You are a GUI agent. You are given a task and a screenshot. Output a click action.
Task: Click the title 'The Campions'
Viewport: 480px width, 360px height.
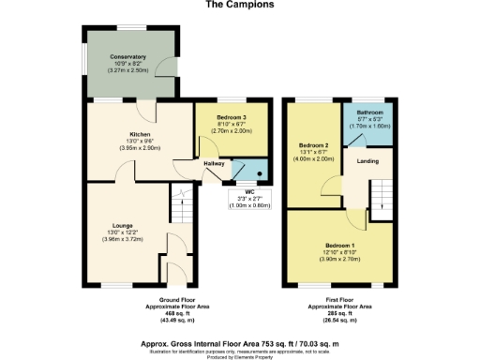[x=239, y=5]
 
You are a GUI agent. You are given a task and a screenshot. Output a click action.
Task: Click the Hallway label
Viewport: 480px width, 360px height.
[x=213, y=165]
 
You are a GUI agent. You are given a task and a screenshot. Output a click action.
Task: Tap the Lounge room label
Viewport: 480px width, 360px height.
[x=121, y=226]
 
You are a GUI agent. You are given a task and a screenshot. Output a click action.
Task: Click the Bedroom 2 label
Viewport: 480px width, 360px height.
[x=313, y=145]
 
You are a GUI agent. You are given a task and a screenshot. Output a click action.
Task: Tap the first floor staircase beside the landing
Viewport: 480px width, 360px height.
[x=380, y=195]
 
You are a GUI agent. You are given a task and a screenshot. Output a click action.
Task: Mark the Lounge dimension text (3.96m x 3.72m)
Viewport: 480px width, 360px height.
[x=121, y=240]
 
